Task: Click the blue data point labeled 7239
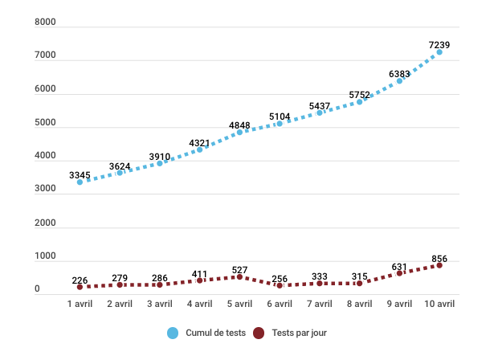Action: tap(439, 52)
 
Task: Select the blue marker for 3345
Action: tap(80, 182)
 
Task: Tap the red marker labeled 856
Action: tap(439, 265)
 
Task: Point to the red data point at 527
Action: tap(239, 276)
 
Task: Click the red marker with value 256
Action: tap(280, 285)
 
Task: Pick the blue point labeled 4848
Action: tap(239, 132)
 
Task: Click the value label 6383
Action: tap(399, 74)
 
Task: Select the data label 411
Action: tap(199, 274)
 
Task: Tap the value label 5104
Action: tap(280, 117)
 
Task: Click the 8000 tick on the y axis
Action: tap(45, 23)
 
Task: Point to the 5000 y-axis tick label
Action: tap(45, 124)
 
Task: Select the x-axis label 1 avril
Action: tap(80, 304)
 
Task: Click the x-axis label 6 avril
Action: tap(280, 304)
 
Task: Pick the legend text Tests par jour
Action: tap(300, 333)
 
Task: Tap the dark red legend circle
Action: tap(259, 333)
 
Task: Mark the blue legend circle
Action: tap(173, 333)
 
